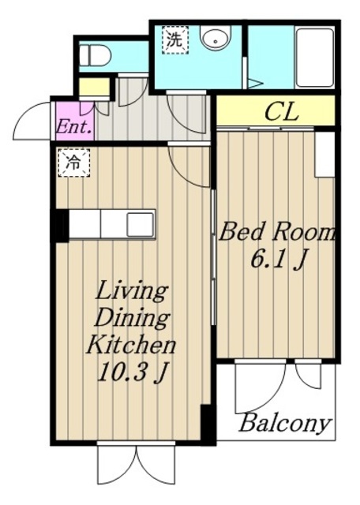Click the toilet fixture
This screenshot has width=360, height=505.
95,55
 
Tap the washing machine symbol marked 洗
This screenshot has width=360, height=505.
174,40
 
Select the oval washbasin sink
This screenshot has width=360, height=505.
216,37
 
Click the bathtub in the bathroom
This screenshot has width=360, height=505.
314,58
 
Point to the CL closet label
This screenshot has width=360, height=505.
281,112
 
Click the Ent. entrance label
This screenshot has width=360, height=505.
75,127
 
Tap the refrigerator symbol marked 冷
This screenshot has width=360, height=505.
73,163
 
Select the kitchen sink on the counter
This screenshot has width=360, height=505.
141,225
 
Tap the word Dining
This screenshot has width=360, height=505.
133,319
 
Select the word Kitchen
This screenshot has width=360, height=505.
131,345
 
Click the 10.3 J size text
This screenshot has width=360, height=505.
132,373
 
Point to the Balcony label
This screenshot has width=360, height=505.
285,423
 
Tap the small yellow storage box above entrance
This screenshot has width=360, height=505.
94,86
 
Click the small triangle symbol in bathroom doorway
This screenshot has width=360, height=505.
255,83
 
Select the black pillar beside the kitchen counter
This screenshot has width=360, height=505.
60,226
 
